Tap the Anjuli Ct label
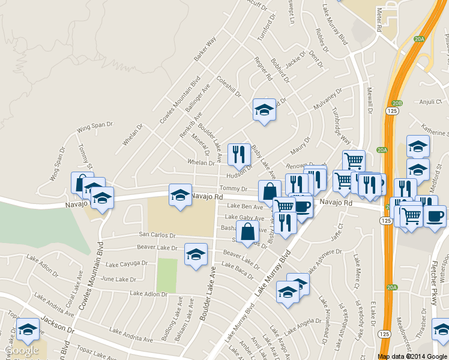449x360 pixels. point(430,101)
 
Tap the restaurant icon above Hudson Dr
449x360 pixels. point(240,155)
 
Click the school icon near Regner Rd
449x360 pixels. point(264,110)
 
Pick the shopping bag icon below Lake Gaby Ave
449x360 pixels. point(247,232)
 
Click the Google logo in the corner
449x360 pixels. point(22,351)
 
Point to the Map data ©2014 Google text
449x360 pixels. point(412,356)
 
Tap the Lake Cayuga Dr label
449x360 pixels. point(127,263)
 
